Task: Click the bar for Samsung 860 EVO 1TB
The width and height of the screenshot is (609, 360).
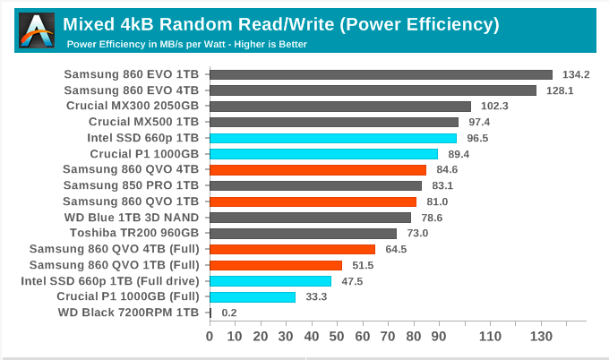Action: click(x=381, y=74)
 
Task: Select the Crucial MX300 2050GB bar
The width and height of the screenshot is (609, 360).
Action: click(x=340, y=106)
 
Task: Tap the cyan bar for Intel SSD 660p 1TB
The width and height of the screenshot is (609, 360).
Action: click(x=333, y=138)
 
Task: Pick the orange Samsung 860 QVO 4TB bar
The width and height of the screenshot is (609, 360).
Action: click(x=318, y=169)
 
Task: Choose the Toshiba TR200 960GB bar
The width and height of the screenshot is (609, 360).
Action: click(x=303, y=233)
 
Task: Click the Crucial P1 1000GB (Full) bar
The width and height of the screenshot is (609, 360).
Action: click(x=253, y=296)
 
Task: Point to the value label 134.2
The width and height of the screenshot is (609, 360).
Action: click(x=576, y=74)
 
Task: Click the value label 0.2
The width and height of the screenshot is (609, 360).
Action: click(x=229, y=313)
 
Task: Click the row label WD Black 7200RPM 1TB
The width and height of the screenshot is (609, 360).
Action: click(x=128, y=313)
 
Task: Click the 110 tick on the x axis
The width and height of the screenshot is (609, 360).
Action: click(x=490, y=337)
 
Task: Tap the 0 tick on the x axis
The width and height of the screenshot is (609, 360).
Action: click(x=210, y=337)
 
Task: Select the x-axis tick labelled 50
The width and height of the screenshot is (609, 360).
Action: click(x=337, y=337)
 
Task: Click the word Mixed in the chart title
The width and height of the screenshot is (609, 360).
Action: click(x=92, y=23)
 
